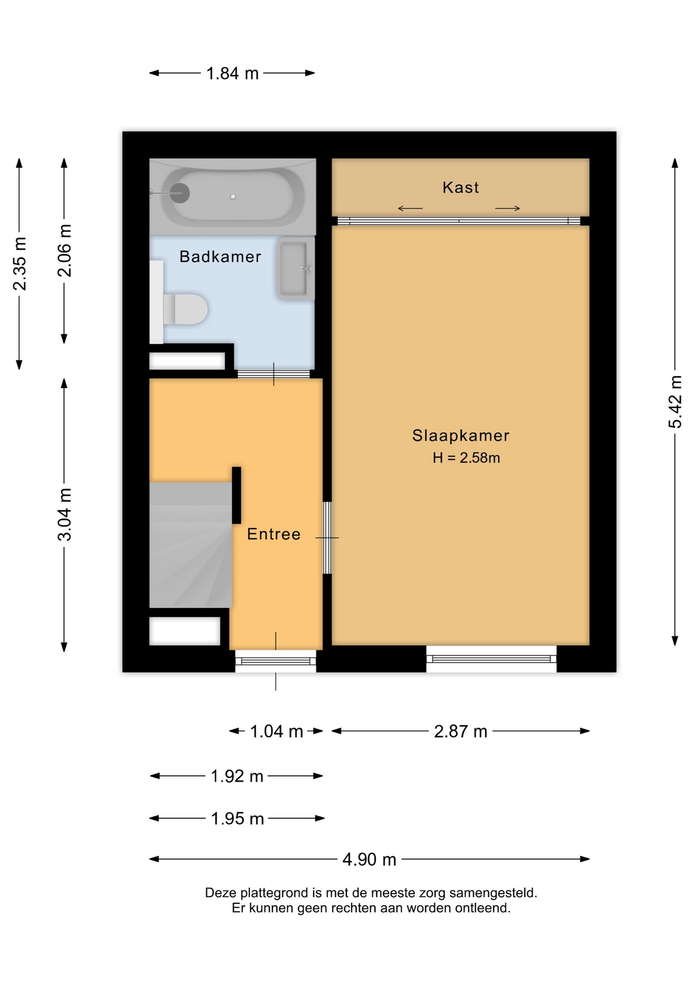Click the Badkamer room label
click(x=220, y=256)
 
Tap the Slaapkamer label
click(x=460, y=435)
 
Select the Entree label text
click(x=274, y=534)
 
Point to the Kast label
click(x=460, y=187)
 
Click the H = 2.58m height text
click(x=466, y=458)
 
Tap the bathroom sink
click(x=295, y=269)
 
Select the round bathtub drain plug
click(x=180, y=193)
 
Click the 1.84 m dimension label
click(x=233, y=74)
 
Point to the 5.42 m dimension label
click(x=675, y=401)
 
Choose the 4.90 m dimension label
click(x=369, y=860)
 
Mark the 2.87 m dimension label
click(x=460, y=732)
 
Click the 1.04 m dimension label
click(x=276, y=732)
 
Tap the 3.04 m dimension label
click(x=65, y=514)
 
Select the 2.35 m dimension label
click(x=20, y=264)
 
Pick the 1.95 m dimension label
click(x=238, y=819)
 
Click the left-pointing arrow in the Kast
click(x=410, y=208)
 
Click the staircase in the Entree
click(x=191, y=545)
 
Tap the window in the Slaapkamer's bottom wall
click(x=491, y=659)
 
